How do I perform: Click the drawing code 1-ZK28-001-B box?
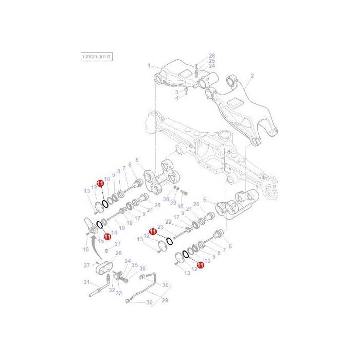click(97, 56)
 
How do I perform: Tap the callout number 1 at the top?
click(149, 66)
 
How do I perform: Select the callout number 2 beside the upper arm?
click(252, 76)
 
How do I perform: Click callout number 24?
click(211, 66)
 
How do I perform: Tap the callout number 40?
click(180, 206)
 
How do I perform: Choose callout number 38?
click(166, 199)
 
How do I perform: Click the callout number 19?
click(122, 228)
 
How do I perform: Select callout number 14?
click(114, 232)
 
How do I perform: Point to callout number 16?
click(86, 249)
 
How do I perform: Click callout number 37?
click(117, 244)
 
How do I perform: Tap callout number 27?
click(86, 265)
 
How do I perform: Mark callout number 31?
click(86, 282)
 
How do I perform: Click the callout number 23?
click(160, 226)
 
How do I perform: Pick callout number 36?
click(142, 268)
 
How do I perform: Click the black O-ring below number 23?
click(168, 241)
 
